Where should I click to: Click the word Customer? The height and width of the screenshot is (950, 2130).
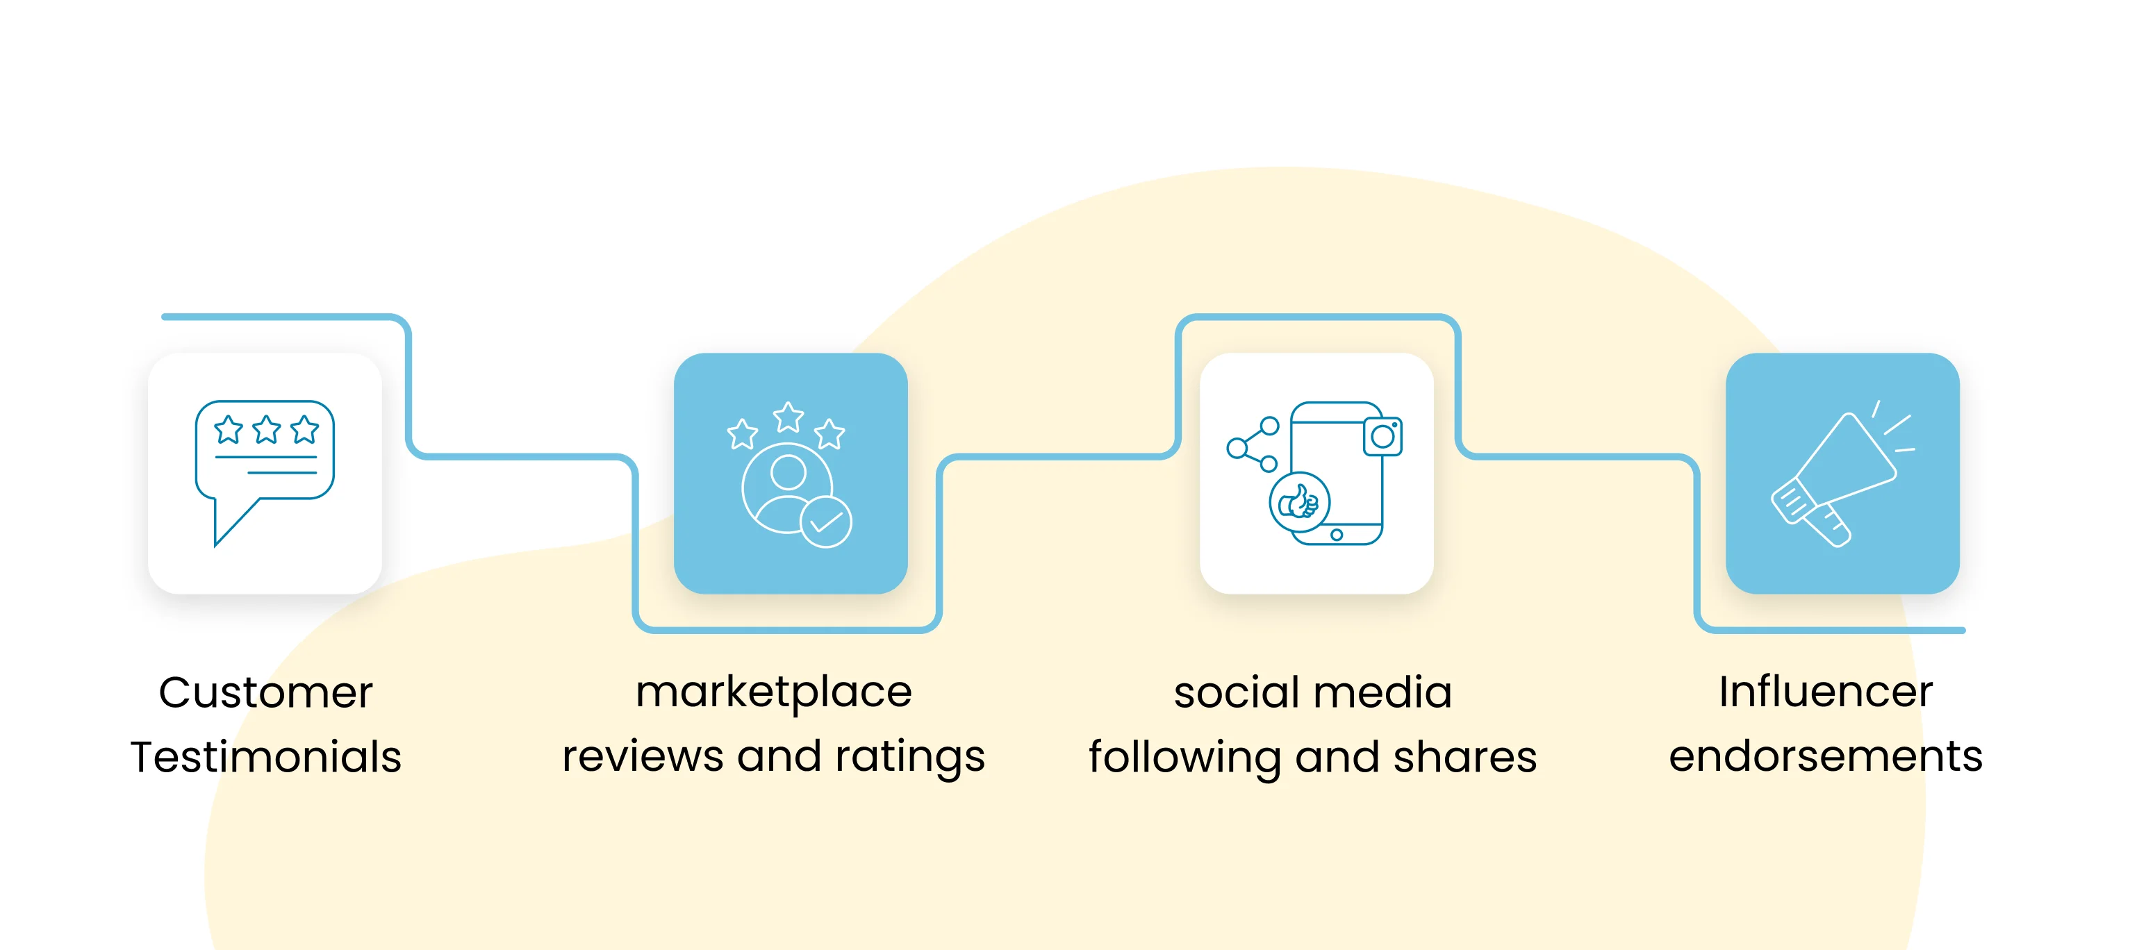click(265, 692)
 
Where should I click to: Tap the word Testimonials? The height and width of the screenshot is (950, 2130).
click(265, 756)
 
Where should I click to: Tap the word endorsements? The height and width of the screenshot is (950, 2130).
click(1826, 756)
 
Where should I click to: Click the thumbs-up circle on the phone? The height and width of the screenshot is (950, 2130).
click(1300, 502)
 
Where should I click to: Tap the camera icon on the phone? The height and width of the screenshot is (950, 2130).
click(1382, 435)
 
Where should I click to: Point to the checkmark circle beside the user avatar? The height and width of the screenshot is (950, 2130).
click(825, 522)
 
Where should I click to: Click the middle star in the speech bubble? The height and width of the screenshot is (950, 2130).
click(266, 429)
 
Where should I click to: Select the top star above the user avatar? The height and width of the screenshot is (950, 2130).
click(788, 417)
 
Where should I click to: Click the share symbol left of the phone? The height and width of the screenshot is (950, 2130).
click(1253, 445)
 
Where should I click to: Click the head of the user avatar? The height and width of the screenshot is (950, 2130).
click(788, 472)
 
